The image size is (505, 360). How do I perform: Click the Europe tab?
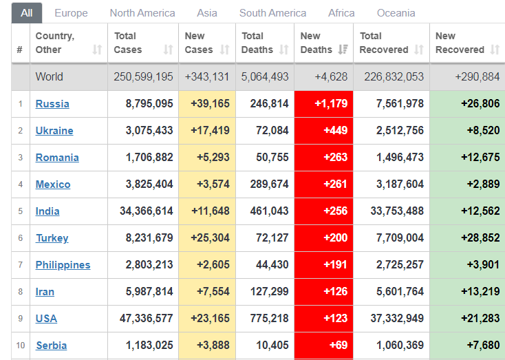coord(71,13)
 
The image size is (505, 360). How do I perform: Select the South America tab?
coord(272,13)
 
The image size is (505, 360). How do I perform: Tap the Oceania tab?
coord(396,13)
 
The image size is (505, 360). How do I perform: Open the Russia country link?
coord(52,104)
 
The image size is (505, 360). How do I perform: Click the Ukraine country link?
coord(54,131)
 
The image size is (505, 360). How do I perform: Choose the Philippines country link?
coord(63,265)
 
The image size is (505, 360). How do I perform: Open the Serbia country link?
coord(51,346)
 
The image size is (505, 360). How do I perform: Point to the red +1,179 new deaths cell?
coord(323,104)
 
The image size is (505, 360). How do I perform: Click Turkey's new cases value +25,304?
coord(207,238)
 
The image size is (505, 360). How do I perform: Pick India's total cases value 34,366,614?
coord(147,211)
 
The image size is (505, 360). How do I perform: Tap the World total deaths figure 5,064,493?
coord(265,77)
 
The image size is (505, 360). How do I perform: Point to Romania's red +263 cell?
coord(323,158)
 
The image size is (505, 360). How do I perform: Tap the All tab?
coord(27,13)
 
